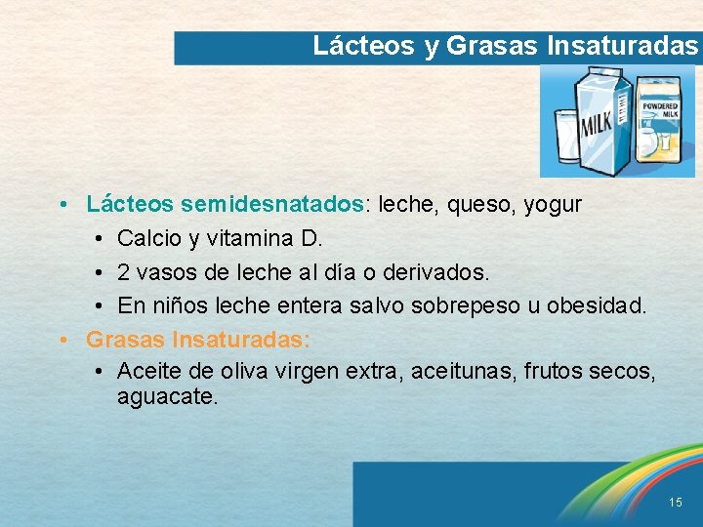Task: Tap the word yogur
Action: click(x=553, y=205)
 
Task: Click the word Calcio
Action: click(x=147, y=238)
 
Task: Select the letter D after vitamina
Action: click(x=313, y=238)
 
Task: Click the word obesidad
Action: click(x=596, y=305)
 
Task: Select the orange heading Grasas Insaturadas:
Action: click(x=198, y=339)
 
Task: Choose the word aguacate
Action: click(x=166, y=397)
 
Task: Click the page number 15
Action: click(x=676, y=502)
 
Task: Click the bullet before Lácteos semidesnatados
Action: click(x=62, y=206)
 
